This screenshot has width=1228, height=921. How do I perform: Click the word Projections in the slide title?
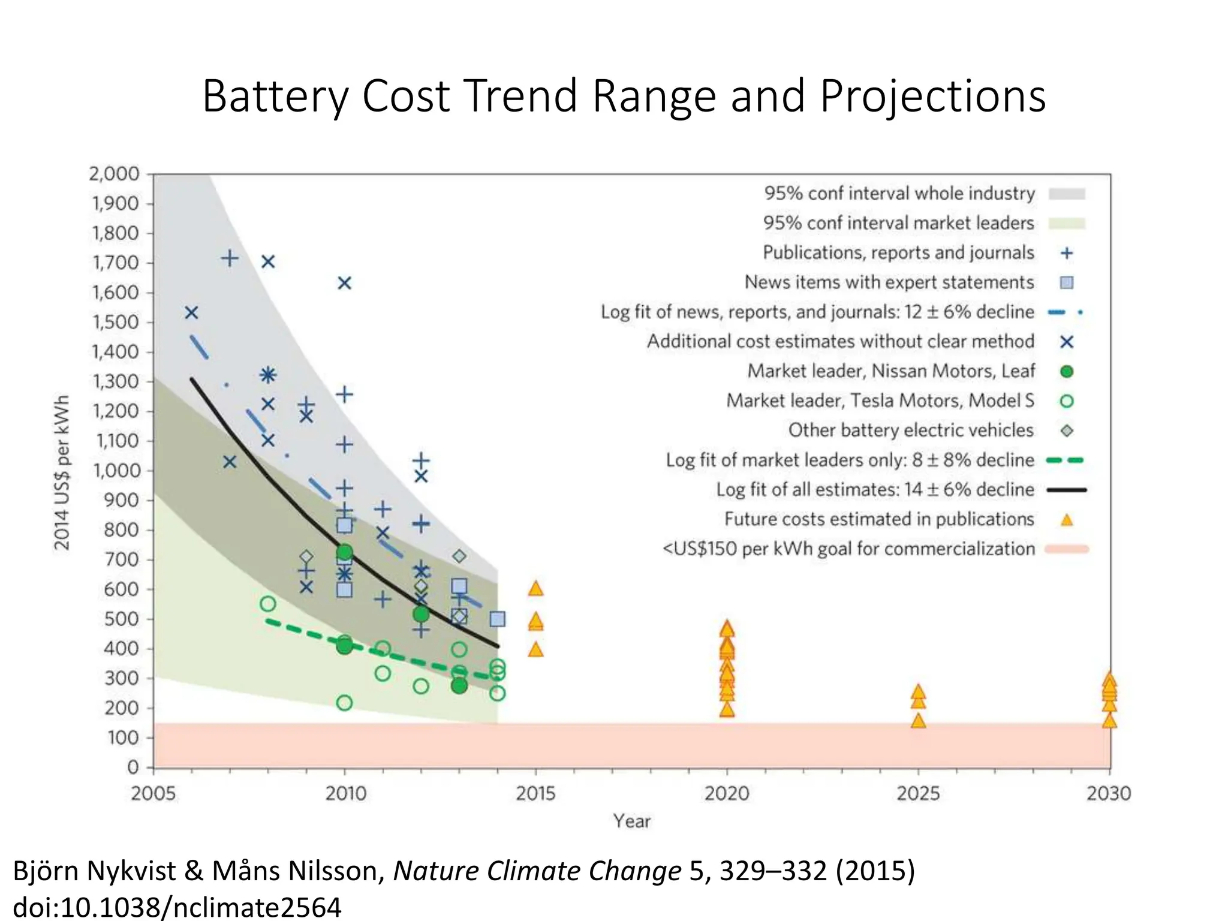(x=932, y=96)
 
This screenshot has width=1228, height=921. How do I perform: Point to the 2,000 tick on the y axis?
(x=114, y=174)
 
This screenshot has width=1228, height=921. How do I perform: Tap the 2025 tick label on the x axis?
(x=917, y=794)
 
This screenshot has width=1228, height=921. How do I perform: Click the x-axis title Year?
(x=631, y=821)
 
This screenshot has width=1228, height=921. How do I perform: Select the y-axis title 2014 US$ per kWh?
(x=62, y=472)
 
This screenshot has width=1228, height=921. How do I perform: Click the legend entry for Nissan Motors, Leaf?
(x=891, y=371)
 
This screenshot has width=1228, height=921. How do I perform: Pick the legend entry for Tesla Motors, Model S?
(x=880, y=401)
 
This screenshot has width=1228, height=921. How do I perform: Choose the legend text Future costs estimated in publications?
(x=879, y=519)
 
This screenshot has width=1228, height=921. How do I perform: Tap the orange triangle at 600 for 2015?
(x=535, y=589)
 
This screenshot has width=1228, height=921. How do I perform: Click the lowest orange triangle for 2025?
(x=918, y=721)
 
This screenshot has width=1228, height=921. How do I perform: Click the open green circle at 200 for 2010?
(x=344, y=703)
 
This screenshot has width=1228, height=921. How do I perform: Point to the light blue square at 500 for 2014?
(x=497, y=619)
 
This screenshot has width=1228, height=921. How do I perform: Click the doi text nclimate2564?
(x=257, y=907)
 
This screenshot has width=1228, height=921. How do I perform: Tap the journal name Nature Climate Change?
(x=537, y=871)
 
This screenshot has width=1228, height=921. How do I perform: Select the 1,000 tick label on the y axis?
(x=115, y=471)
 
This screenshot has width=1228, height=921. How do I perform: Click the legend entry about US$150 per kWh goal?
(x=848, y=549)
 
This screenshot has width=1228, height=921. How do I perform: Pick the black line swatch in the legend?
(x=1066, y=490)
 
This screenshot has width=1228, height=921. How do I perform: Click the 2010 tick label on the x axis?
(x=345, y=794)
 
